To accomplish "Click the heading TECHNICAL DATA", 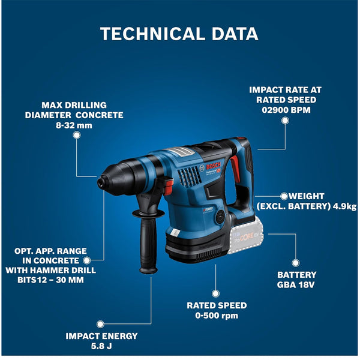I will (x=179, y=34).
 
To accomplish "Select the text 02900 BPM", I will (x=282, y=110).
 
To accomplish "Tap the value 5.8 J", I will (x=101, y=346).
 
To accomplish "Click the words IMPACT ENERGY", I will (x=101, y=336).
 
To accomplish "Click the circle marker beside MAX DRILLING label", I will (x=76, y=135).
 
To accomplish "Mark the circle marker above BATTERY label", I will (x=296, y=262).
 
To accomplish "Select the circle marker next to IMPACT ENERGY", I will (x=101, y=324).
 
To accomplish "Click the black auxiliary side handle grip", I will (x=146, y=248).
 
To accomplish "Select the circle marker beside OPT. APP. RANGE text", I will (x=87, y=260).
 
